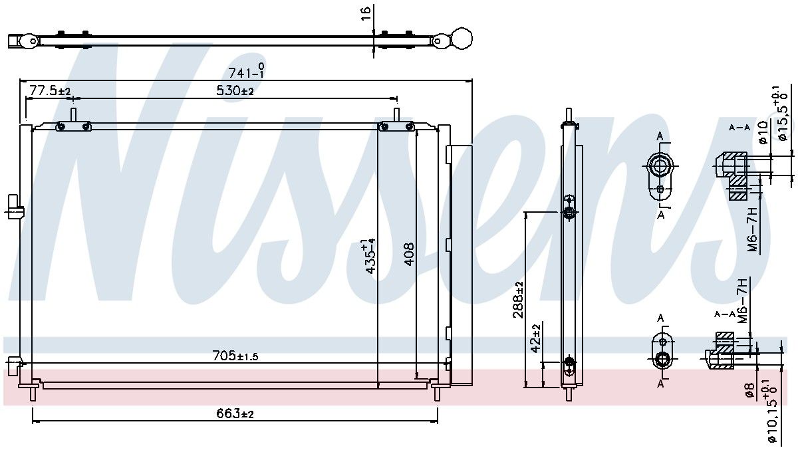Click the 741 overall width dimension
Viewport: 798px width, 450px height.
[x=247, y=71]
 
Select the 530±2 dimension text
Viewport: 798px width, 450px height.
[x=235, y=91]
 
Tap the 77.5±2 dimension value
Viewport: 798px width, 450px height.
[x=49, y=91]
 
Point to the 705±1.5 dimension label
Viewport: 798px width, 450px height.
[x=235, y=356]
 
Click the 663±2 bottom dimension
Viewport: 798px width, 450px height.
[x=235, y=413]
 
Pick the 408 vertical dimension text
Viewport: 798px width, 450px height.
[x=410, y=254]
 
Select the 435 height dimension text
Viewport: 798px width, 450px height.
[x=370, y=257]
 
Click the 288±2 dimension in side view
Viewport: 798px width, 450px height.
[x=518, y=299]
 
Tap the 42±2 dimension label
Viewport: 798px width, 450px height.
[x=536, y=338]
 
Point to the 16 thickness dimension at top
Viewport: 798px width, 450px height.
[x=366, y=13]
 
